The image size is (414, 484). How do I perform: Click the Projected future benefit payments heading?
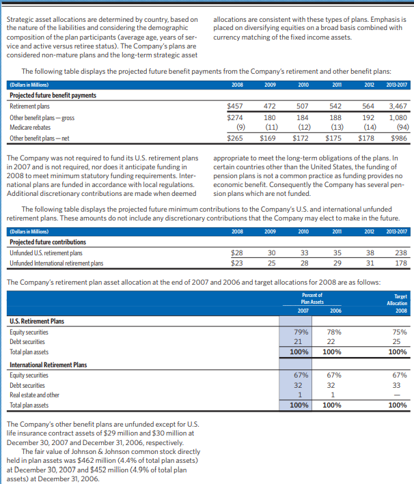click(53, 96)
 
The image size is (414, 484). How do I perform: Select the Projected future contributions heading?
click(48, 242)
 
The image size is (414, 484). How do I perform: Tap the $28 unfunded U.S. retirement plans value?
click(238, 253)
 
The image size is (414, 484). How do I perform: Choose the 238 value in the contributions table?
click(400, 253)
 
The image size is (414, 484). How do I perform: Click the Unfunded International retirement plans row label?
click(57, 263)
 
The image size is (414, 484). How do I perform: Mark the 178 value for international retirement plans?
click(400, 263)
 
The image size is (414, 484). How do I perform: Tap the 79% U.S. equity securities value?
click(299, 332)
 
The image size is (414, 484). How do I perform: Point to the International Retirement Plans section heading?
click(49, 365)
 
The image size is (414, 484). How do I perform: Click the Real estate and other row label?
click(35, 395)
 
